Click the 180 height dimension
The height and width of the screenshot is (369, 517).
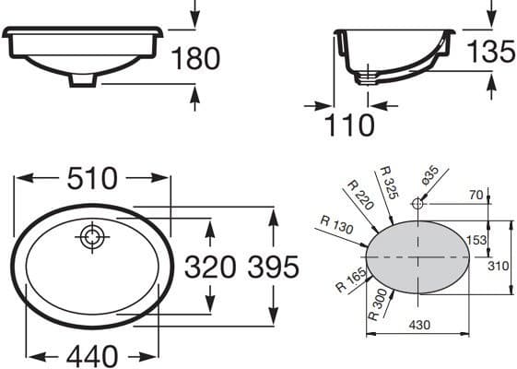coord(195,58)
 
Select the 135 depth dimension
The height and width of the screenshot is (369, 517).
coord(491,51)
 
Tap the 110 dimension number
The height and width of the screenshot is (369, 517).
coord(349,125)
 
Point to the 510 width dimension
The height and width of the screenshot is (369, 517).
coord(92,179)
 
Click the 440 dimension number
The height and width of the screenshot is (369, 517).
coord(91,356)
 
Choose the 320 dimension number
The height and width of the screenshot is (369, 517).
coord(210,267)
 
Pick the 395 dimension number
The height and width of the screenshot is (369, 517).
coord(274,267)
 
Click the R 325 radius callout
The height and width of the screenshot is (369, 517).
coord(390,183)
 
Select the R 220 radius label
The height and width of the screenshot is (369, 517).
coord(361,195)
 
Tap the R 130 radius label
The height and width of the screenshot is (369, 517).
coord(337,224)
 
